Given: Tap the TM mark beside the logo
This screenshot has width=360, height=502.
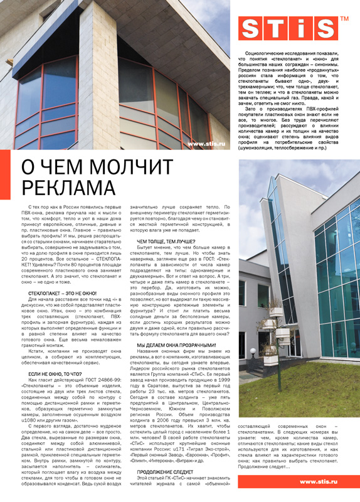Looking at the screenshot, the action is (x=344, y=19).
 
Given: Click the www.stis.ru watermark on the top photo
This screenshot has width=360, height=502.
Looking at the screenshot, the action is (x=206, y=144).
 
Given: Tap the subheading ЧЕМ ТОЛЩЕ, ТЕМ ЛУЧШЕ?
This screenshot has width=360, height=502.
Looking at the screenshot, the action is (x=165, y=241).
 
